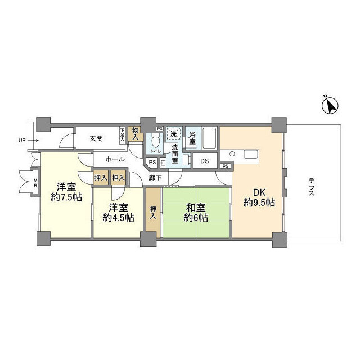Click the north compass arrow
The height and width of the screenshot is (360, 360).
[x=331, y=104]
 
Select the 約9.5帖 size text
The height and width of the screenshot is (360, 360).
[x=259, y=202]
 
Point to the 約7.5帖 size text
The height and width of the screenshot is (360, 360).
[x=66, y=199]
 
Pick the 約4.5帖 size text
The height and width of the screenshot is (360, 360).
[x=119, y=218]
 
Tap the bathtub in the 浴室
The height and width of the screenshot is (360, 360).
[x=209, y=138]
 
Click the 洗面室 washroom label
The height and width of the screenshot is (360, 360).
[x=175, y=154]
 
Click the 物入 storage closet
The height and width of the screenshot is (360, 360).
[x=135, y=134]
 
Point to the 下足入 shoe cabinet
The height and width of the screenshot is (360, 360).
[x=122, y=136]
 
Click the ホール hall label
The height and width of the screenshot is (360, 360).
[x=115, y=160]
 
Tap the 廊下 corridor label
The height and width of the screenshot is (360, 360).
[x=155, y=178]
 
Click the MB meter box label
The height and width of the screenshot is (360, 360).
[x=35, y=183]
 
